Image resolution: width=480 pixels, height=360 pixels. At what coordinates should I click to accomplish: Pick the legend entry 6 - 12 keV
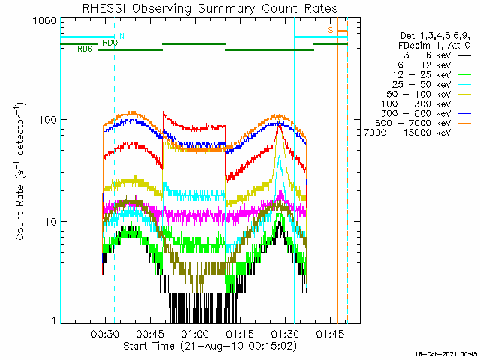[x=424, y=64]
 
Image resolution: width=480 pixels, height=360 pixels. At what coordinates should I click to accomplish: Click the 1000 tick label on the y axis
[x=40, y=22]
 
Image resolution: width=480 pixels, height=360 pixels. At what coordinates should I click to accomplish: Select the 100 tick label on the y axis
[x=43, y=121]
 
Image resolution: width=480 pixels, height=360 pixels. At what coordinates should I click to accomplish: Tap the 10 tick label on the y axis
[x=46, y=222]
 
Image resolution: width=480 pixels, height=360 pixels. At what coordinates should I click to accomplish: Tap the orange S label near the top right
[x=330, y=29]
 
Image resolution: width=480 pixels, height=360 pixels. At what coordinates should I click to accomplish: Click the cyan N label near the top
[x=122, y=35]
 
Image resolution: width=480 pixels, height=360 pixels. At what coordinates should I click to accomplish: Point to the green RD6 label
[x=85, y=49]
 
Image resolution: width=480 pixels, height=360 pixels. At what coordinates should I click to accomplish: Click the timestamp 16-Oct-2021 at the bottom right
[x=448, y=354]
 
